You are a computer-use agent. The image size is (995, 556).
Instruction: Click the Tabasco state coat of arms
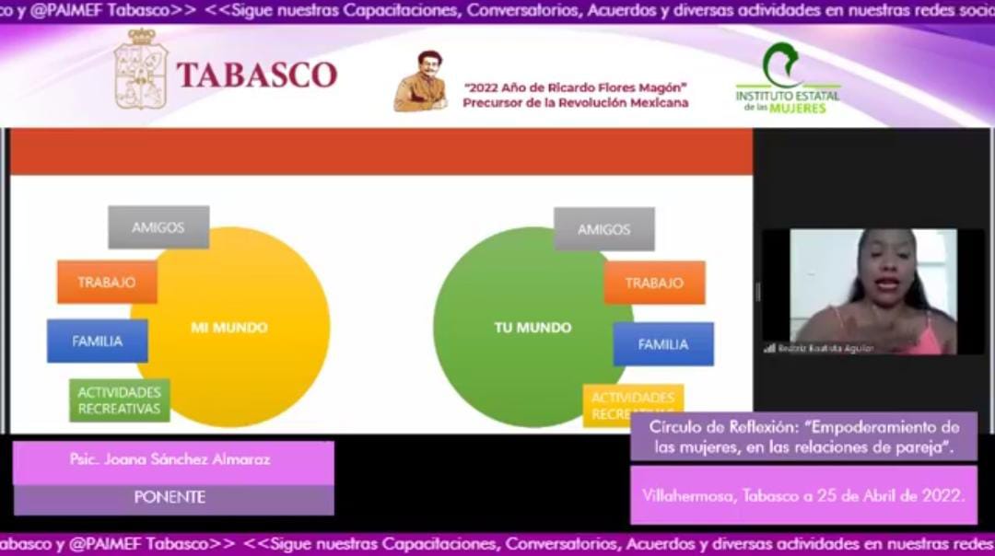tap(140, 70)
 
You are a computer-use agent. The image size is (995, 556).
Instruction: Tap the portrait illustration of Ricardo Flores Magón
tap(421, 82)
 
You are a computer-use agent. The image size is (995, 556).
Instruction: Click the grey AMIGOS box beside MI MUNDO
tap(158, 227)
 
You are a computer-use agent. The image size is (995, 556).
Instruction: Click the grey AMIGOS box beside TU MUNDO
tap(603, 229)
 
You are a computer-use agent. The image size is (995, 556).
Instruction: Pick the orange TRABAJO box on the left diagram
tap(107, 283)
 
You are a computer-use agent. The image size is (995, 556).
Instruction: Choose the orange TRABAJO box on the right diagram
tap(654, 283)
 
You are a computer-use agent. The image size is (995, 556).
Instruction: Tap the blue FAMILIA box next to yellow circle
tap(98, 341)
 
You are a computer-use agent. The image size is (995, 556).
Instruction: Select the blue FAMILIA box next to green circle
tap(663, 344)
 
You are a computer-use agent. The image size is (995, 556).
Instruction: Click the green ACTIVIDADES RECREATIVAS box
tap(120, 400)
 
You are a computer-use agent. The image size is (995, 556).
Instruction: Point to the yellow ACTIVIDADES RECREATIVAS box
tap(633, 405)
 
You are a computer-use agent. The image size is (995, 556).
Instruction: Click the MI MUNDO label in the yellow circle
tap(228, 328)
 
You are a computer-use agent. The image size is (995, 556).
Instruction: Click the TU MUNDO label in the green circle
tap(533, 328)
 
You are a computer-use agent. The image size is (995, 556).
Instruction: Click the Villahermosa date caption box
tap(803, 495)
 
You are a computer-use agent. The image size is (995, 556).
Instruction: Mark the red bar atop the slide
tap(380, 152)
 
